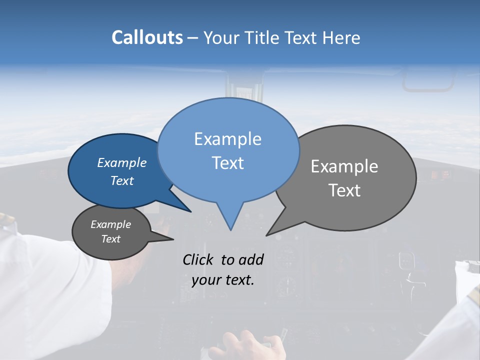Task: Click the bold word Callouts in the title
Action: [x=147, y=37]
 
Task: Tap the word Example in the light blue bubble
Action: [x=227, y=139]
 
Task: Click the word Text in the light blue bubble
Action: [x=227, y=163]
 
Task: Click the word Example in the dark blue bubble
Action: [x=121, y=162]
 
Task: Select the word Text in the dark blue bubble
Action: [x=121, y=180]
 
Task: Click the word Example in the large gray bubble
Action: [x=344, y=166]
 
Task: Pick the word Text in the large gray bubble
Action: [x=344, y=190]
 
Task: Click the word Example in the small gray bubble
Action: [x=110, y=224]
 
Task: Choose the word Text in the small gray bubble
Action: [x=110, y=239]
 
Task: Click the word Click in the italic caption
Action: [x=198, y=259]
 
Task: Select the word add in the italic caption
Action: [x=250, y=259]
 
